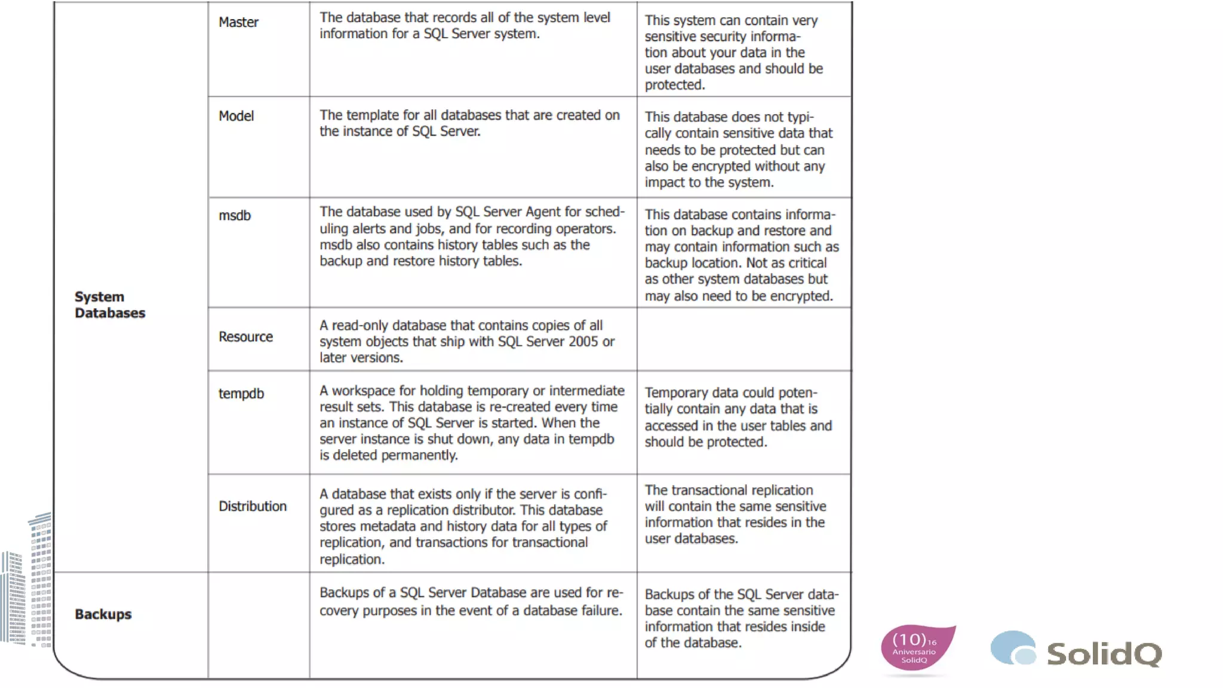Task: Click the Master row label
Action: (x=238, y=22)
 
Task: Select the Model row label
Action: (x=236, y=116)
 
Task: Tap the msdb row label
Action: (x=235, y=216)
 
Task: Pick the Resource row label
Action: (x=245, y=337)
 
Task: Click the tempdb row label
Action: (x=241, y=394)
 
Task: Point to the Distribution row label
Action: (x=252, y=506)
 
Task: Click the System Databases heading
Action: (x=110, y=305)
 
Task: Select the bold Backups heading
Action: (x=103, y=614)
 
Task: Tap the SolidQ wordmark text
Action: (x=1104, y=653)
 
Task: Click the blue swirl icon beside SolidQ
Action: (x=1013, y=648)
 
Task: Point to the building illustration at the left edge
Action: (x=27, y=585)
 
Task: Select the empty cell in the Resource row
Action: (x=743, y=339)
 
